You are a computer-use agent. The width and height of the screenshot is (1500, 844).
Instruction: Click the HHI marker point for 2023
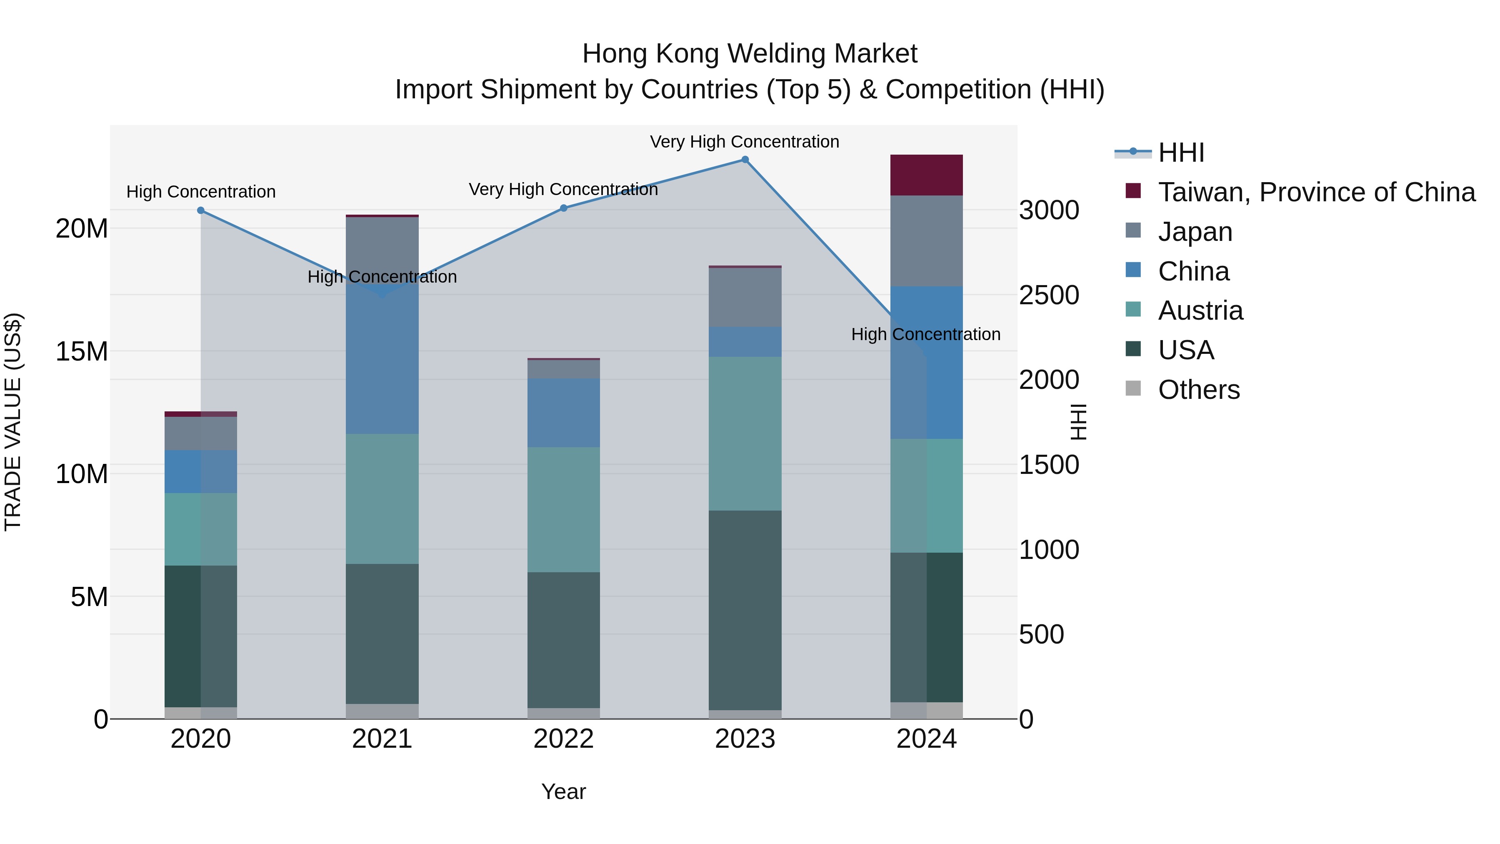point(745,160)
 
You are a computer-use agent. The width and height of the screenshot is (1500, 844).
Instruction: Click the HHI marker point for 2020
point(201,210)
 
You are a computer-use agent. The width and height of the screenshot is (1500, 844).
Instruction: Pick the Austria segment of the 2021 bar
point(382,498)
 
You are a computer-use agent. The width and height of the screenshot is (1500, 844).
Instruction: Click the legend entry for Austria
point(1200,311)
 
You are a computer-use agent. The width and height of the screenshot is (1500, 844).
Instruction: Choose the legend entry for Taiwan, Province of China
point(1316,192)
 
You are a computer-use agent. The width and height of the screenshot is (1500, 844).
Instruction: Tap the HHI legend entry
point(1181,153)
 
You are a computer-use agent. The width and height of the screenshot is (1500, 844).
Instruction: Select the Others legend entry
point(1198,390)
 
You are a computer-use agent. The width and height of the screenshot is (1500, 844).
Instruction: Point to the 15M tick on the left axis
point(82,351)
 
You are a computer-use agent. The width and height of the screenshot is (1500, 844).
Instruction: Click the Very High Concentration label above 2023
point(745,142)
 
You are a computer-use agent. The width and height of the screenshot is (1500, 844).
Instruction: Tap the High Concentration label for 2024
point(926,334)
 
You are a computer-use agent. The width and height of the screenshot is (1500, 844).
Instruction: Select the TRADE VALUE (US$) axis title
point(13,422)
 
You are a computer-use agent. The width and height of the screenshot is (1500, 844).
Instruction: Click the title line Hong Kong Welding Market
point(750,54)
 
